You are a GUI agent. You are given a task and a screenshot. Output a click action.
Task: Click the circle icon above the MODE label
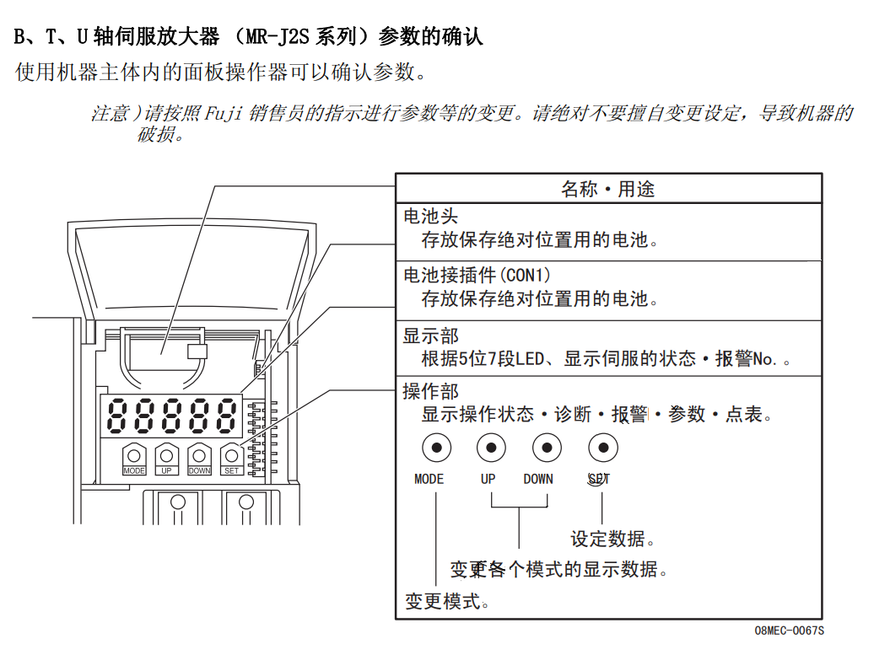436,447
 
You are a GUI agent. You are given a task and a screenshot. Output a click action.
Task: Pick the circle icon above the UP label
491,447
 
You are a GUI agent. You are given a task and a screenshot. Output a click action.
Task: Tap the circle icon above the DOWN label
547,447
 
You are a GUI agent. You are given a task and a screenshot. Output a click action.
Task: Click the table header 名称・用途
607,189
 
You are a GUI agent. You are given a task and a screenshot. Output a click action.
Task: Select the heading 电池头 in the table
430,217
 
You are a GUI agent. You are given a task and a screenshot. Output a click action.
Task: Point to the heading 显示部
430,335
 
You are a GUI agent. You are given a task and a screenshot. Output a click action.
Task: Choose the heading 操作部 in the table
430,391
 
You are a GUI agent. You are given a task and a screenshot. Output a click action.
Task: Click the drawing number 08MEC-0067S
789,631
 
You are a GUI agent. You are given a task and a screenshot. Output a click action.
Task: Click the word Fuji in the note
223,114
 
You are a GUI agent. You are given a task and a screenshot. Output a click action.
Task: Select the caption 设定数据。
613,539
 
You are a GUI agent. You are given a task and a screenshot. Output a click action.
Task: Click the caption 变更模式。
447,601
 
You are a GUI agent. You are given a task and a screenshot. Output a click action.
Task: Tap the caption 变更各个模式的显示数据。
559,570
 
